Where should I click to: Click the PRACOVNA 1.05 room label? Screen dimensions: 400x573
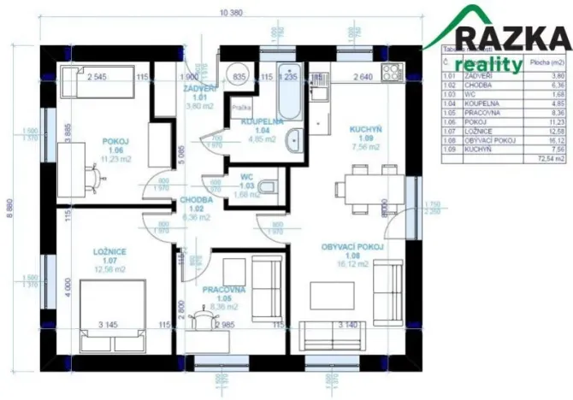pos(224,295)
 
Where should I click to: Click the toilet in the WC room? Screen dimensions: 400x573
pos(269,185)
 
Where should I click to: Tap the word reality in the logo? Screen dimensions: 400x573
pos(488,64)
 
